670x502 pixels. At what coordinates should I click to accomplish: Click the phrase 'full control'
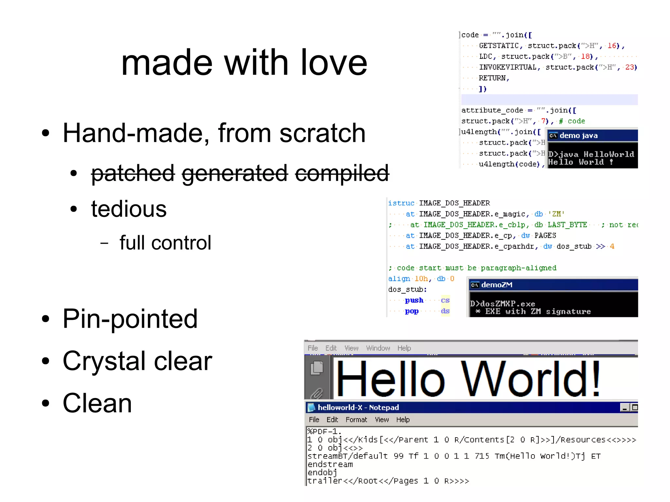[x=165, y=243]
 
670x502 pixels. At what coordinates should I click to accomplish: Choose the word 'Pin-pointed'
[x=130, y=319]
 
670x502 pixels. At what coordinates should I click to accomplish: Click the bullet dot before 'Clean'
[x=45, y=403]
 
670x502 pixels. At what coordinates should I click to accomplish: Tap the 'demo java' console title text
[x=578, y=135]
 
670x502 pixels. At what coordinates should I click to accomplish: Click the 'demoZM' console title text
[x=497, y=285]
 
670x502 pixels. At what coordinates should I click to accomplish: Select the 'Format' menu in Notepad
[x=356, y=420]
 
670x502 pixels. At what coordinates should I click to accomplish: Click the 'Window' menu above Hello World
[x=378, y=348]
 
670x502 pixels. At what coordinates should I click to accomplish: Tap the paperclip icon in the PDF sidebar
[x=316, y=393]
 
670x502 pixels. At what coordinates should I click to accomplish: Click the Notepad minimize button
[x=625, y=407]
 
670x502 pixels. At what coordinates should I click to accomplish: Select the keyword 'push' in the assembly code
[x=414, y=300]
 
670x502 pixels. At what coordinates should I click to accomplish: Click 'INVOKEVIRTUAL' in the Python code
[x=507, y=67]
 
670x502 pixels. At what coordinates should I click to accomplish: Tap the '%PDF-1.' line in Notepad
[x=324, y=431]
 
